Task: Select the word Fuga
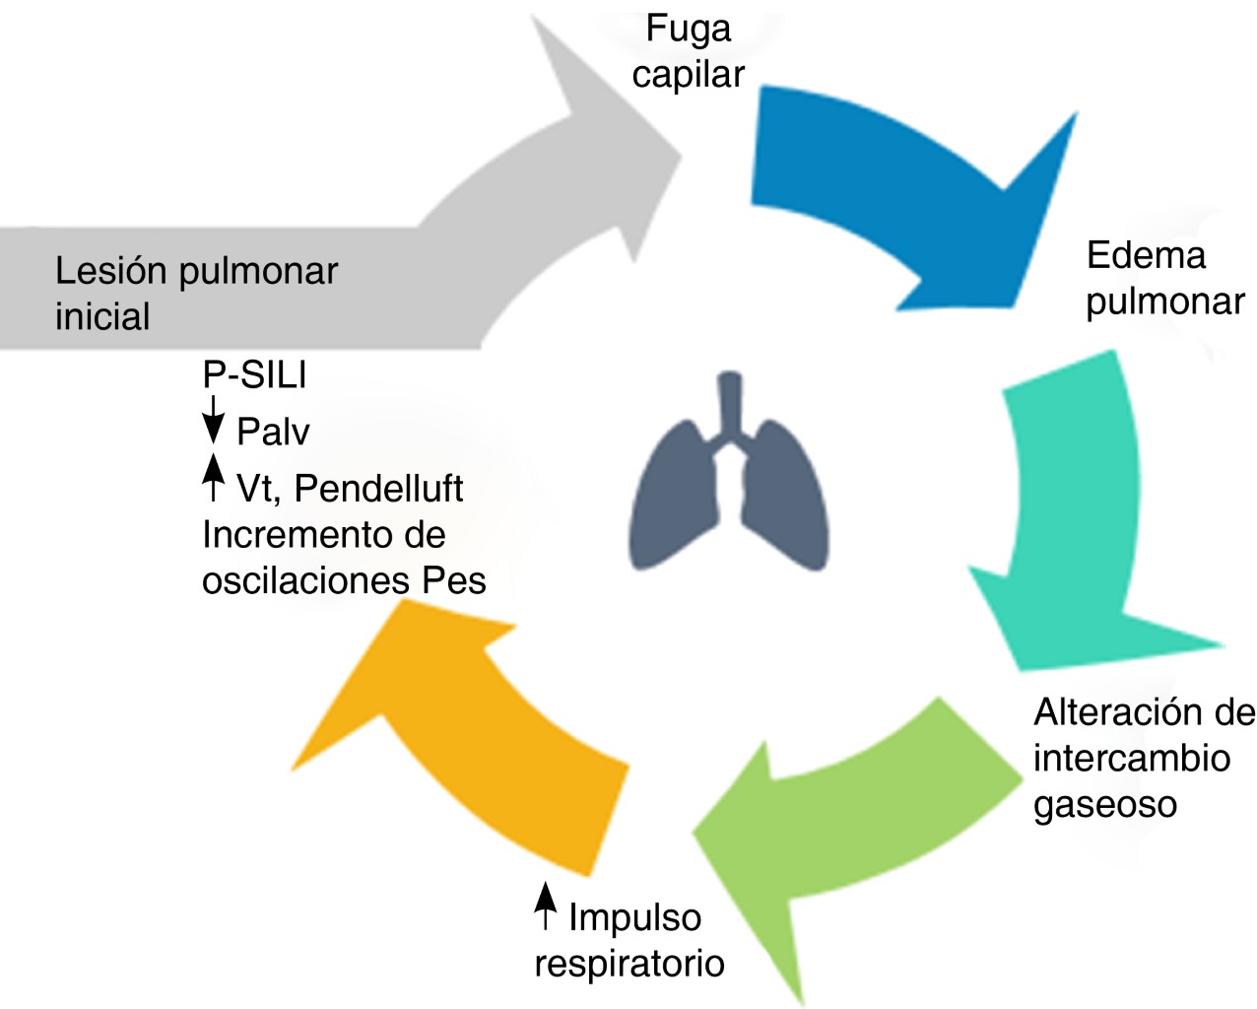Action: pyautogui.click(x=689, y=29)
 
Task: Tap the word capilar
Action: pyautogui.click(x=688, y=75)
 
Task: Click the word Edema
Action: pyautogui.click(x=1146, y=255)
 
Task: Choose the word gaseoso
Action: pyautogui.click(x=1105, y=805)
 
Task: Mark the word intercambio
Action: pyautogui.click(x=1132, y=758)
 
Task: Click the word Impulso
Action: pyautogui.click(x=635, y=917)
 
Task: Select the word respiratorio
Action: pyautogui.click(x=629, y=963)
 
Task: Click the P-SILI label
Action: pyautogui.click(x=254, y=374)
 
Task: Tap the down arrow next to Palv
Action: pyautogui.click(x=213, y=421)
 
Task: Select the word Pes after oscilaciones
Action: pyautogui.click(x=454, y=580)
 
